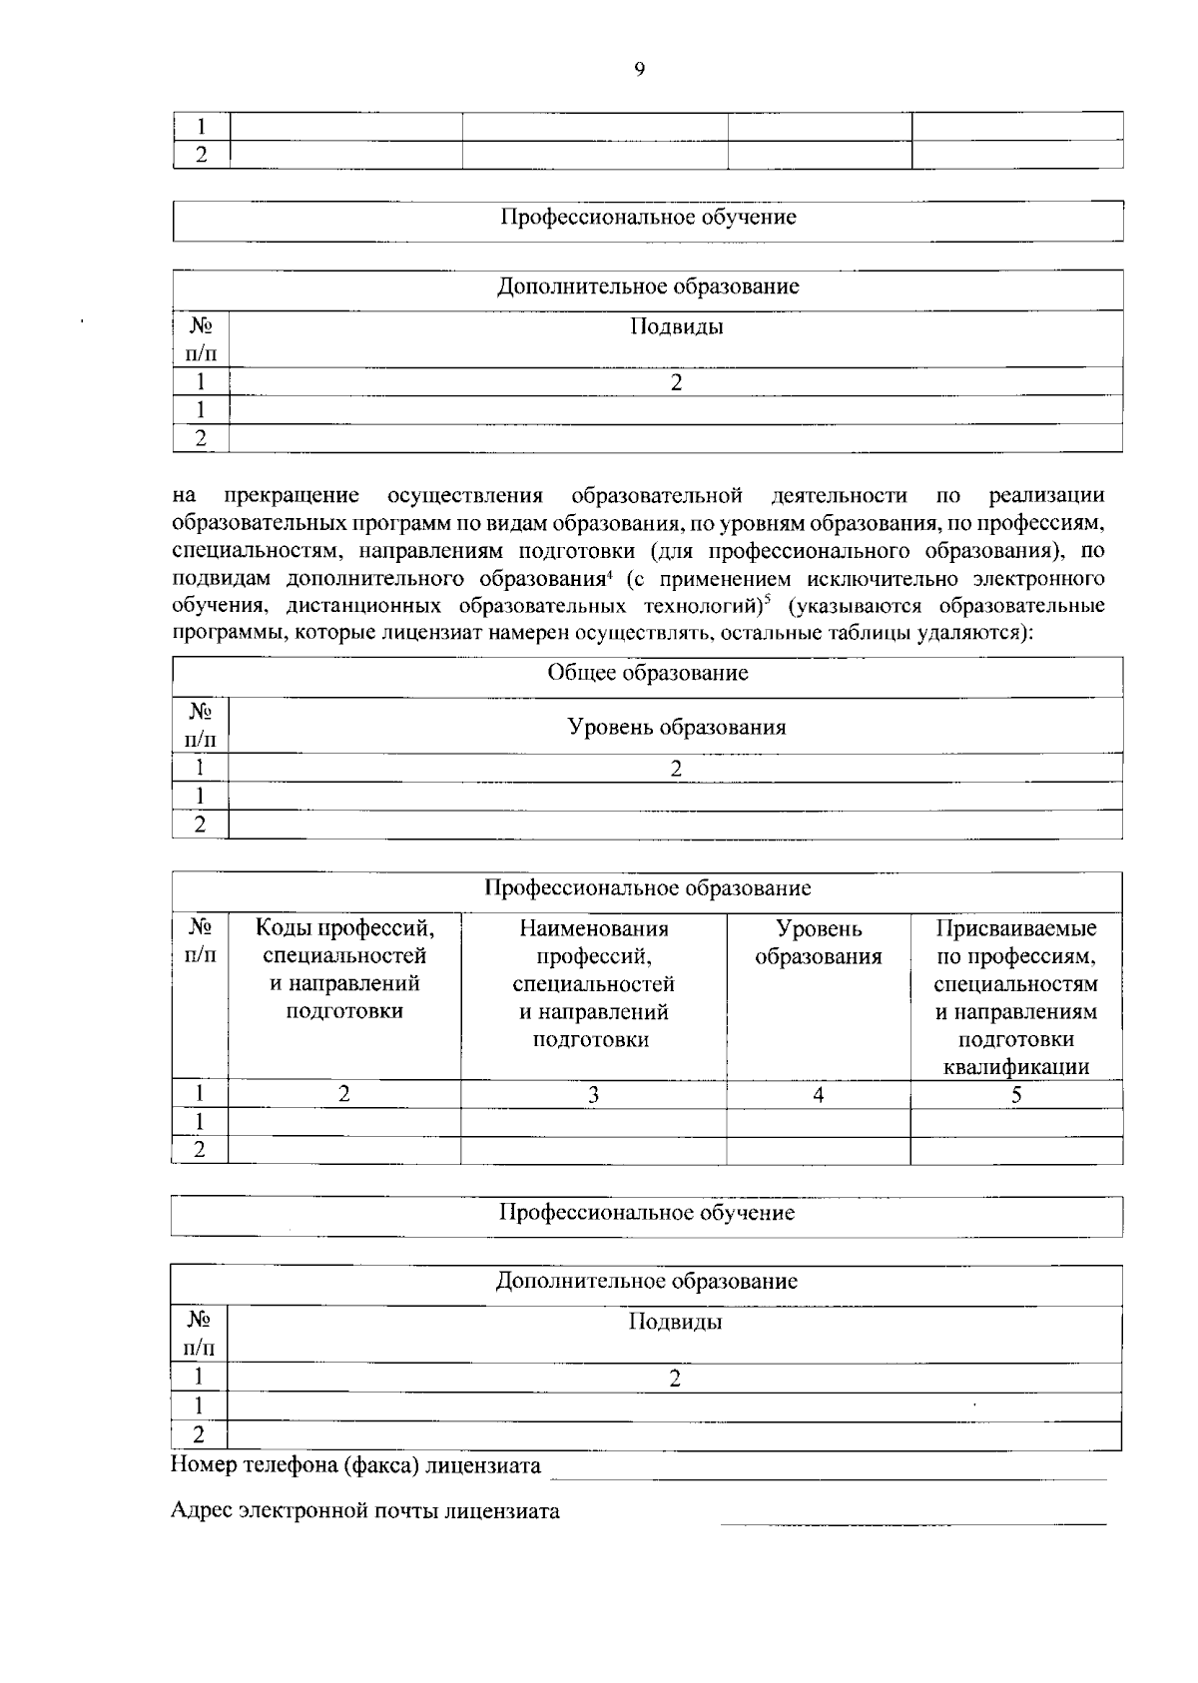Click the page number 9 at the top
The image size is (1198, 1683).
click(x=639, y=69)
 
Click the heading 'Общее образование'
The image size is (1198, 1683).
click(x=647, y=673)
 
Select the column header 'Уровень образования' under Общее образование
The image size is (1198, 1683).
click(x=676, y=727)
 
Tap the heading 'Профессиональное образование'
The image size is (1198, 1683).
click(x=647, y=888)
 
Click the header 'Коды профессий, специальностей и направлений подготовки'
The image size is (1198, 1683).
click(x=344, y=969)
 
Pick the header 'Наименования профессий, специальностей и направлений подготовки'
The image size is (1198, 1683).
click(x=593, y=983)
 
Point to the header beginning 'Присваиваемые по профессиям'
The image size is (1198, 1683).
click(x=1015, y=997)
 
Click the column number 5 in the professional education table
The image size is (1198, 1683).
click(x=1015, y=1095)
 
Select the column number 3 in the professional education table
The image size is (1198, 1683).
click(x=593, y=1095)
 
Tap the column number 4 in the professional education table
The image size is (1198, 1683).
click(x=818, y=1095)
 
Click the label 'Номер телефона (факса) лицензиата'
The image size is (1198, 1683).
click(x=355, y=1465)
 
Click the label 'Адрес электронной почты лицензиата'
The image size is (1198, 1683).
click(x=364, y=1510)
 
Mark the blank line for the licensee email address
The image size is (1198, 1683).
click(x=912, y=1522)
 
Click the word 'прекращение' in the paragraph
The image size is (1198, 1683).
click(x=292, y=496)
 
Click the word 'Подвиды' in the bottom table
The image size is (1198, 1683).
click(x=675, y=1323)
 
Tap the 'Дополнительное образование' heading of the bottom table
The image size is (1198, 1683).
click(x=647, y=1281)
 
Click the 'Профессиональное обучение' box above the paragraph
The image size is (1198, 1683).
click(x=647, y=218)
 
